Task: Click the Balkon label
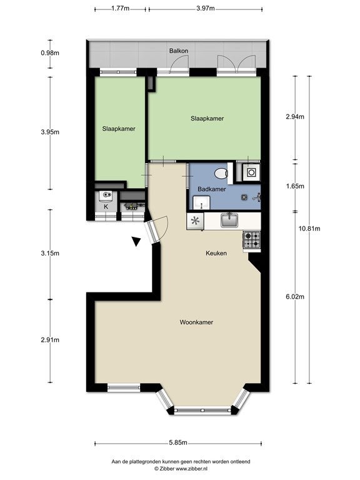[179, 51]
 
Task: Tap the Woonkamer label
[196, 322]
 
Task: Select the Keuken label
[216, 253]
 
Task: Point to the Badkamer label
[211, 189]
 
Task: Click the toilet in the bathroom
[221, 174]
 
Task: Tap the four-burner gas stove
[252, 240]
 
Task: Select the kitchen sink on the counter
[229, 220]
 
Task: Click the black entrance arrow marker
[136, 241]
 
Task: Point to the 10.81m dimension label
[309, 228]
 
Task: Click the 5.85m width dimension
[178, 442]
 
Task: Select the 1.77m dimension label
[120, 8]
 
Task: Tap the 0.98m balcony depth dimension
[50, 52]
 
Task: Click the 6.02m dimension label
[295, 296]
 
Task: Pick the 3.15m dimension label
[50, 253]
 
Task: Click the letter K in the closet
[106, 207]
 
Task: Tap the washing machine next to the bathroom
[251, 172]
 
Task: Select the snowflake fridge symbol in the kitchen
[195, 221]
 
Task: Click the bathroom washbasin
[201, 202]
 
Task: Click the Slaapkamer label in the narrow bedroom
[119, 129]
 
